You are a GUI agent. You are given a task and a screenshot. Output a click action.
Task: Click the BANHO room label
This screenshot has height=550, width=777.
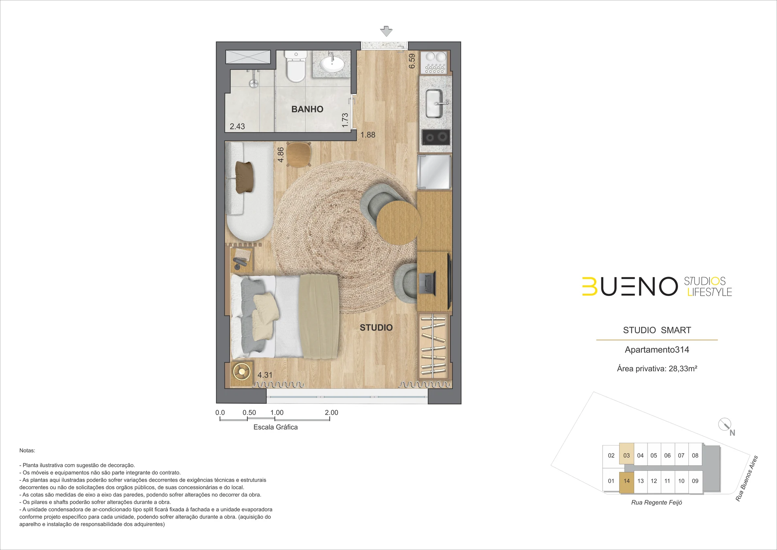[x=307, y=109]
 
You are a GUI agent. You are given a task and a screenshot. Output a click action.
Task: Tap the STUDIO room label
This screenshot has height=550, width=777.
[x=376, y=328]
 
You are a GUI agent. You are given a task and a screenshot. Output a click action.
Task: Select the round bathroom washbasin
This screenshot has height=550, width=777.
[x=332, y=63]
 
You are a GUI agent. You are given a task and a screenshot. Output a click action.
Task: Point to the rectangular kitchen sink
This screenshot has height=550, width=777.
[x=434, y=104]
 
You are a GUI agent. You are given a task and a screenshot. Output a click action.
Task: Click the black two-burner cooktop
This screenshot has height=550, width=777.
[x=436, y=137]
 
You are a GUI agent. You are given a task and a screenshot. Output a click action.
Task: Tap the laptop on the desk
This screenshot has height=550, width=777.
[x=427, y=283]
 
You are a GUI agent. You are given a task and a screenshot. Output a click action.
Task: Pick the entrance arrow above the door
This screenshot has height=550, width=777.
[x=386, y=31]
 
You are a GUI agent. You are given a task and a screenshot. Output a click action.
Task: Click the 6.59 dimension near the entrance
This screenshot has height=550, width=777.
[x=412, y=61]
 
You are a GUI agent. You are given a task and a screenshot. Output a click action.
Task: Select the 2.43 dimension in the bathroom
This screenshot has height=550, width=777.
[x=237, y=126]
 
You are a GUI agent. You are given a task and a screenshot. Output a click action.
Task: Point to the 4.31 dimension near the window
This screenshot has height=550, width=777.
[x=265, y=375]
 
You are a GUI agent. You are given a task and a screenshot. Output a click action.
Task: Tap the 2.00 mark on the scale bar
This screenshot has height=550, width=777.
[x=331, y=412]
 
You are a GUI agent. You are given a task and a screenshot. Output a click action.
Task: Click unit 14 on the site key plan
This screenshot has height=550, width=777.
[x=626, y=481]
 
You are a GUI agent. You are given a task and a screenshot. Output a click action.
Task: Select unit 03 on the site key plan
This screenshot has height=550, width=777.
[x=626, y=455]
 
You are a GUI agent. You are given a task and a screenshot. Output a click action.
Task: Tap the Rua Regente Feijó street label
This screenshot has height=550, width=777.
[x=656, y=503]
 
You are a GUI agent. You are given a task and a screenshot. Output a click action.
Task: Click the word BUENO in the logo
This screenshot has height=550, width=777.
[x=630, y=287]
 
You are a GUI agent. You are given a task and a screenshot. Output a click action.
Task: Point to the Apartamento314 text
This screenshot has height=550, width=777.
[x=657, y=350]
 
